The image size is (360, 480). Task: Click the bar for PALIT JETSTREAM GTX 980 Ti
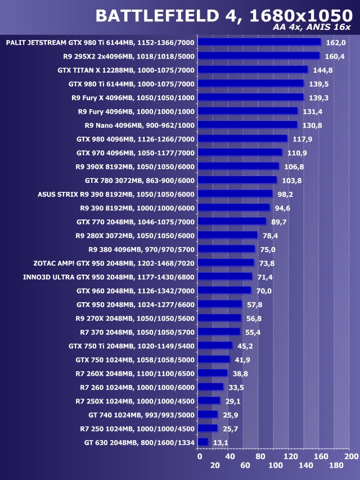(259, 42)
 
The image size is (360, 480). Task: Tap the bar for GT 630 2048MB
(204, 442)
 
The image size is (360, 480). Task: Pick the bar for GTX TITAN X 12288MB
(253, 70)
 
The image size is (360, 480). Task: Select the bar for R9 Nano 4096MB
(248, 125)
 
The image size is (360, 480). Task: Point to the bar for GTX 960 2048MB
(225, 290)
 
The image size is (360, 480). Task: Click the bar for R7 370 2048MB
(219, 332)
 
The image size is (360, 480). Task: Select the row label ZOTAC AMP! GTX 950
(114, 263)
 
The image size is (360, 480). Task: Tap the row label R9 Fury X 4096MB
(133, 97)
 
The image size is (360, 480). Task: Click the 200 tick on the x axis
(351, 456)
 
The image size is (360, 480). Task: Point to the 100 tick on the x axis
(276, 466)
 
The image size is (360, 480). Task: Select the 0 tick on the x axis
(200, 456)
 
